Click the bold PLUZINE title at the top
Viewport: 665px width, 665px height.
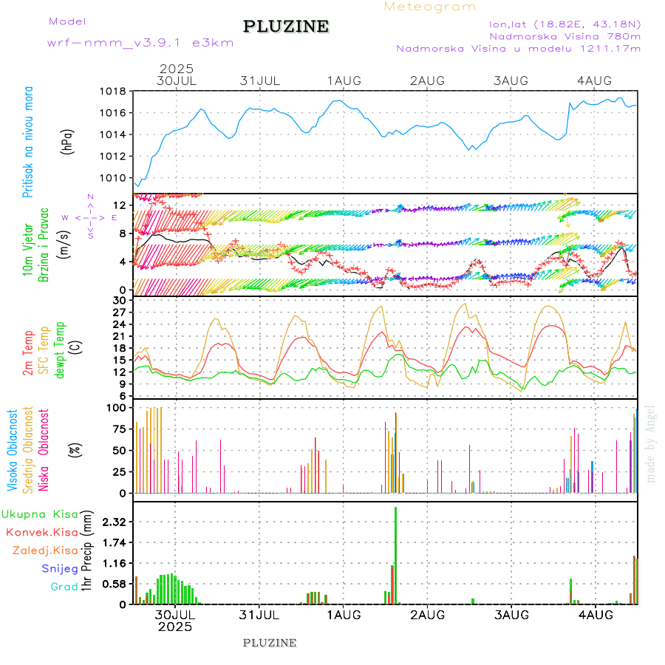tap(286, 27)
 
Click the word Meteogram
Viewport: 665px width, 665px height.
tap(431, 7)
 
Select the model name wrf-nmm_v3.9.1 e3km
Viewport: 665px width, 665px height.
tap(140, 43)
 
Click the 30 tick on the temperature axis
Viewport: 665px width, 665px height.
tap(118, 301)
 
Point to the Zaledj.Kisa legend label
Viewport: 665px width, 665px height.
tap(45, 550)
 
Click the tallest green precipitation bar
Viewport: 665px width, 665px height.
tap(396, 554)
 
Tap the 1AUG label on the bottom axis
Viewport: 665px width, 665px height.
tap(344, 614)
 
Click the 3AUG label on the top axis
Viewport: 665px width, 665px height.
tap(511, 80)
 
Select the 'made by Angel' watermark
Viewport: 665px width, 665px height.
tap(651, 443)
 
